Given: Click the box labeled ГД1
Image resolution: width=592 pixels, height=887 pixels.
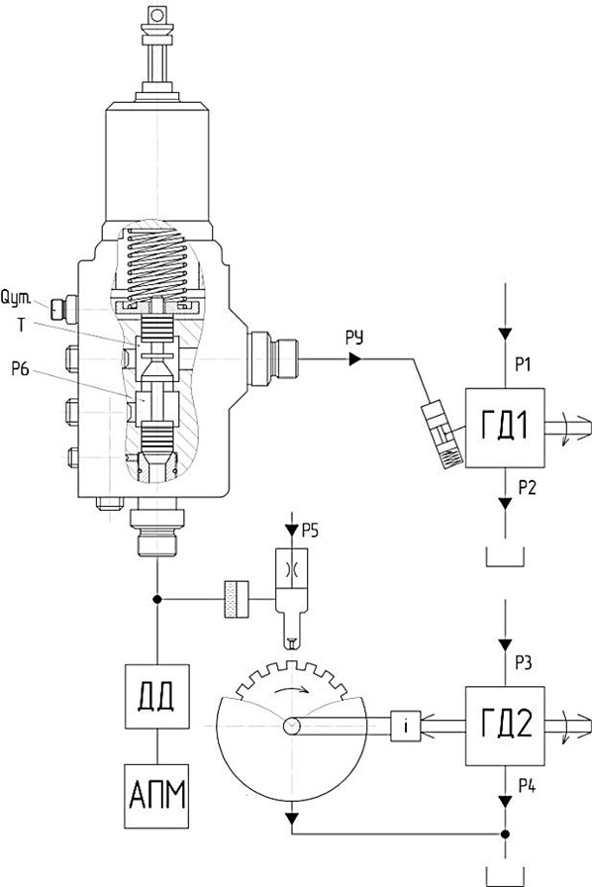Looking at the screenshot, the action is (x=505, y=428).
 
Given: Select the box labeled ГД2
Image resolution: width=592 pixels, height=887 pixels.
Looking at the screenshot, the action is (x=505, y=726).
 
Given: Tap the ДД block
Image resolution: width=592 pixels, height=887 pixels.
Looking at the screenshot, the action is (x=156, y=696).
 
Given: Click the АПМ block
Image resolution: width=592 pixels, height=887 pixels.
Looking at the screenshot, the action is (x=156, y=796).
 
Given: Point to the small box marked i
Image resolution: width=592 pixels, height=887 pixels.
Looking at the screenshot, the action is (x=406, y=726).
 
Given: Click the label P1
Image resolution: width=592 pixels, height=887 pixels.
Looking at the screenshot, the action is (x=523, y=365).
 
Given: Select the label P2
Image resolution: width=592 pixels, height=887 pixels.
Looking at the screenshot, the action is (x=527, y=488).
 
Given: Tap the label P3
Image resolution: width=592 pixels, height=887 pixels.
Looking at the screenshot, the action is (x=523, y=662).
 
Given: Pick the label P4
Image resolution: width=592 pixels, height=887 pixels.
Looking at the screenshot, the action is (x=527, y=786).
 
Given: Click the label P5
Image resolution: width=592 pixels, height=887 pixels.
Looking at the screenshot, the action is (x=310, y=530).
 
